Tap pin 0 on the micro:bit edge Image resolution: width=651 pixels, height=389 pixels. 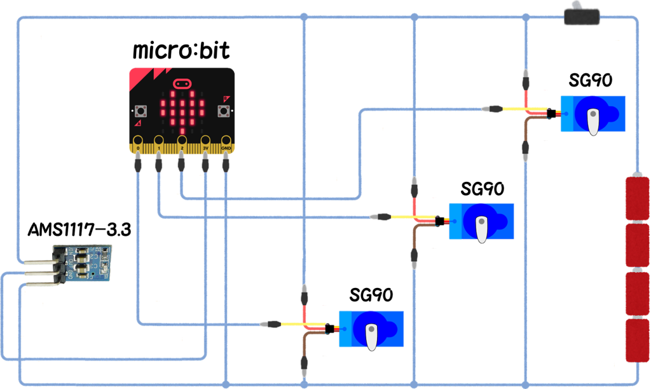point(137,141)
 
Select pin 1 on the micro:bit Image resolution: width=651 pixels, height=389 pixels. point(159,141)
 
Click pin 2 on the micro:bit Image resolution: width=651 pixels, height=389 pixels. point(182,141)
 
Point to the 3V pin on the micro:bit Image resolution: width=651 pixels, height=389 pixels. point(205,141)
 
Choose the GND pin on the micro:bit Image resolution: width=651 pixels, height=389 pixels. point(226,141)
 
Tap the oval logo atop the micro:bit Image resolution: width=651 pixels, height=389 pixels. point(182,83)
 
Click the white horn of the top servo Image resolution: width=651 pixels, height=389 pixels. point(593,121)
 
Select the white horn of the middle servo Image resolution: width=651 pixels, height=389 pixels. point(482,229)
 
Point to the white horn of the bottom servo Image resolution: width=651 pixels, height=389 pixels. point(371,336)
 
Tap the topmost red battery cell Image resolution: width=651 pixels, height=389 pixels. point(637,198)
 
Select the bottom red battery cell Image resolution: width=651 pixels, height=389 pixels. point(637,340)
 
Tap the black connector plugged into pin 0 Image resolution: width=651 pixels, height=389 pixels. point(137,165)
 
